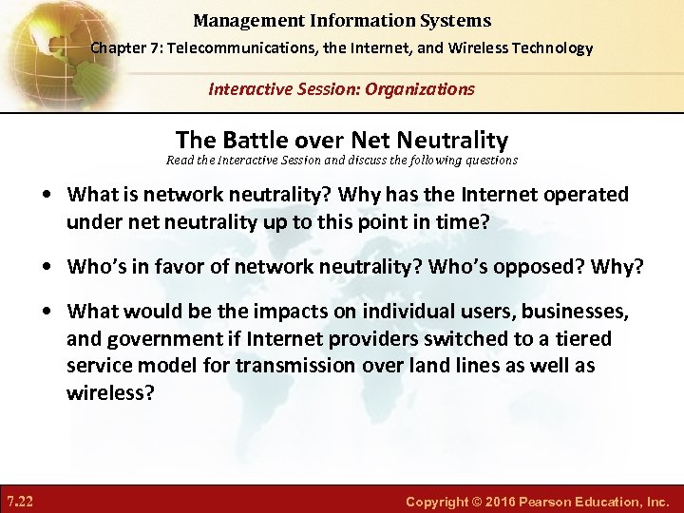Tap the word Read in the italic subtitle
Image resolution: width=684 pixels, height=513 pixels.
(181, 161)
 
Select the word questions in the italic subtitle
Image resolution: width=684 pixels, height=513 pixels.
(490, 161)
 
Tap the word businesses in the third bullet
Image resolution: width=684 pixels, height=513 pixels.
(576, 312)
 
